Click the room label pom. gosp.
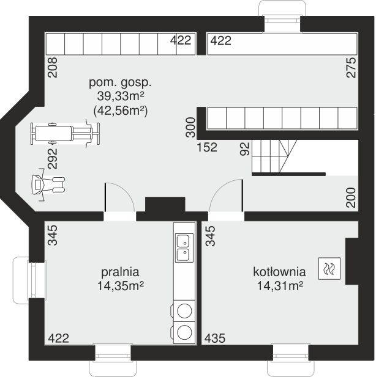tap(120, 83)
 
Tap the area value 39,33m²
tap(121, 97)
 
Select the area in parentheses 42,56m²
tap(120, 111)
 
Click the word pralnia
tap(120, 272)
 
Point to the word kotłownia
tap(280, 272)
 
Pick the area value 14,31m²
tap(280, 286)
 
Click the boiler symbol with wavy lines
tap(329, 269)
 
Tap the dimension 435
tap(215, 338)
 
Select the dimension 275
tap(351, 67)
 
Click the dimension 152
tap(207, 147)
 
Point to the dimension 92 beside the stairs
tap(244, 149)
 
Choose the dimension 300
tap(190, 127)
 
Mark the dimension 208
tap(53, 67)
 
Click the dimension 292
tap(53, 159)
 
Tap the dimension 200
tap(351, 197)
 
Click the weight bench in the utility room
tap(65, 134)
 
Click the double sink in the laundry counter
tap(184, 247)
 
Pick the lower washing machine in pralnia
tap(183, 333)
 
